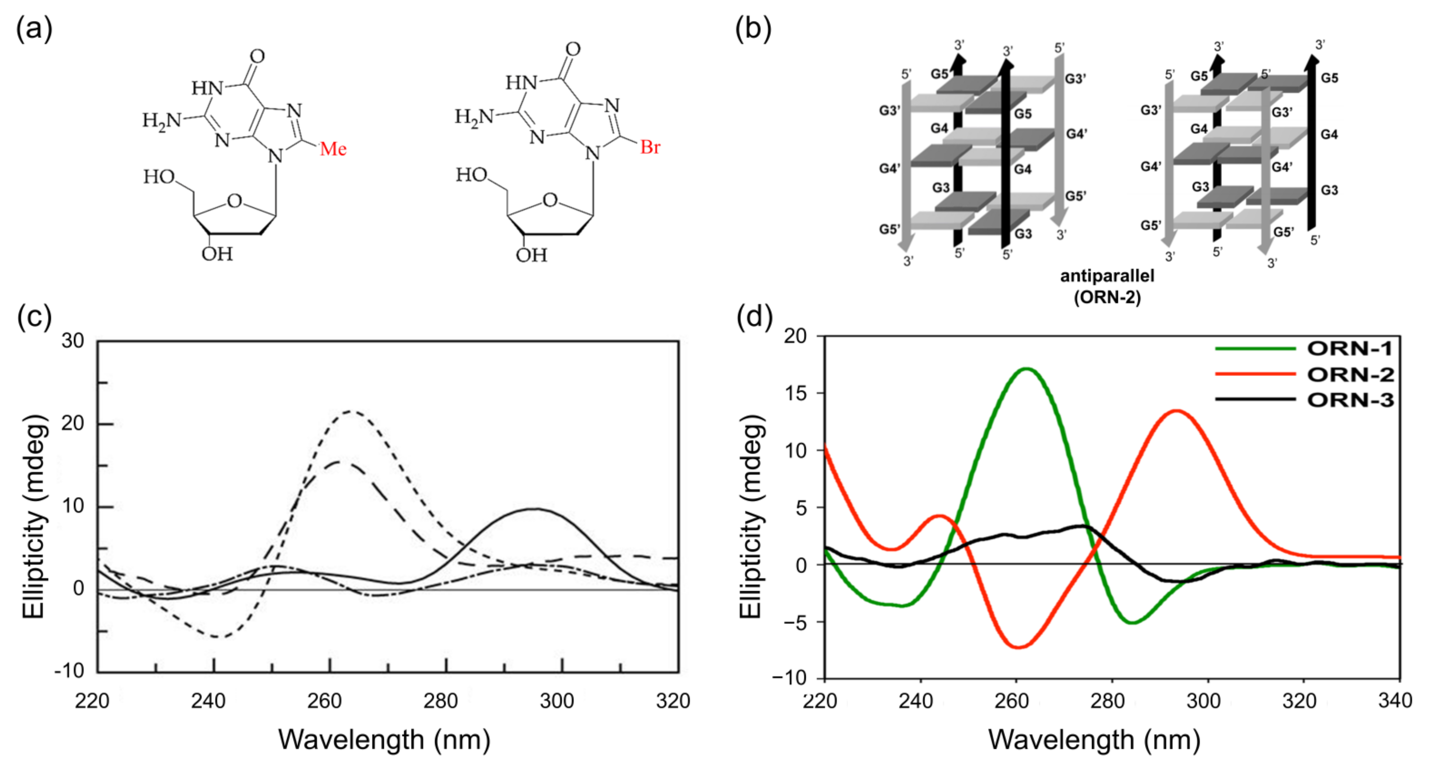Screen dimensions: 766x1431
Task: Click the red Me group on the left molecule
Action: tap(333, 149)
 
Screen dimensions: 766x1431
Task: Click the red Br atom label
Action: tap(650, 147)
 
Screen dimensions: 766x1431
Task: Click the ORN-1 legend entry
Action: tap(1350, 349)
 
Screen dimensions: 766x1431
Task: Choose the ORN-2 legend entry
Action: tap(1350, 375)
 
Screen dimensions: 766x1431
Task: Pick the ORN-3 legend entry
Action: tap(1350, 400)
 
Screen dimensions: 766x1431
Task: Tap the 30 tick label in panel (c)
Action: tap(73, 340)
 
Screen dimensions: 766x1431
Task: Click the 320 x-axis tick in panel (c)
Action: tap(673, 701)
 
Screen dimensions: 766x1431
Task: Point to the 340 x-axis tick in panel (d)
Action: tap(1395, 701)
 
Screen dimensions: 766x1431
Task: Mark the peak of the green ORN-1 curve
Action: tap(1026, 369)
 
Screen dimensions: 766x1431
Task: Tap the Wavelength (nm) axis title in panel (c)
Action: tap(384, 740)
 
